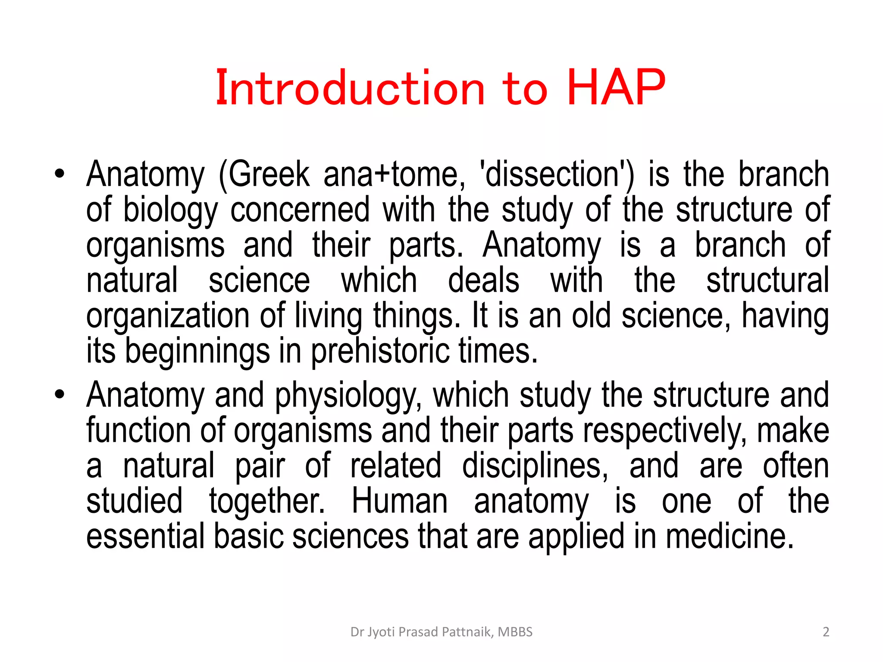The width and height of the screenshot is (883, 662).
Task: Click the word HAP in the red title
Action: point(616,88)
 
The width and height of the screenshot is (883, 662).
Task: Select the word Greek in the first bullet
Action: point(264,174)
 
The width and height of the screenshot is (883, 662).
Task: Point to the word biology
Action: point(171,210)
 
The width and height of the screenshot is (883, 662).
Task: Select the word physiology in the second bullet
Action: point(348,396)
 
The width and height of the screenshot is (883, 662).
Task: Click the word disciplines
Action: point(535,466)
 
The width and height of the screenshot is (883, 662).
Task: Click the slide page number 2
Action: point(826,632)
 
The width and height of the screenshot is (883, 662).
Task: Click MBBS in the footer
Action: point(515,632)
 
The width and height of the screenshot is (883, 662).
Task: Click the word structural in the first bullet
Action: point(767,281)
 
